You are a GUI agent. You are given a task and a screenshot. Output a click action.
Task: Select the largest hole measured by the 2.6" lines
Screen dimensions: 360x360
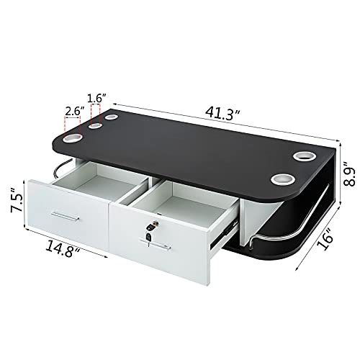(x=74, y=137)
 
